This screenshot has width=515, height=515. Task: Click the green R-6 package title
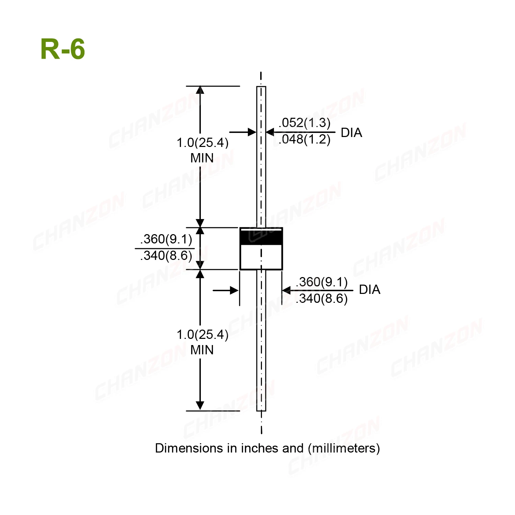(62, 49)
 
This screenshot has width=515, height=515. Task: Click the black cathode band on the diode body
(261, 237)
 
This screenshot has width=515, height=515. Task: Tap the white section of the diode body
(261, 257)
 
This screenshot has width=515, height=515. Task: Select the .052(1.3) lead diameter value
(305, 123)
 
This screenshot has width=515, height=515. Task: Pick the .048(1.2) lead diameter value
(305, 139)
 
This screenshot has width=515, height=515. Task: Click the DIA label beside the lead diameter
(351, 133)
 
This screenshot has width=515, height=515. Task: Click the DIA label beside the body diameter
(369, 290)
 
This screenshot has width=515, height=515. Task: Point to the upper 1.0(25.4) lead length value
(202, 143)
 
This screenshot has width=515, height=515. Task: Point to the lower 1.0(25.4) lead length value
(202, 335)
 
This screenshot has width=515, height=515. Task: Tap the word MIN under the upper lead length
(202, 158)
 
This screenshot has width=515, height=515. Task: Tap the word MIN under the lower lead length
(202, 350)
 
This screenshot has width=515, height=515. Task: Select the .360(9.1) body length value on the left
(166, 239)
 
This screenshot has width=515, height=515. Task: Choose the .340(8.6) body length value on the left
(166, 256)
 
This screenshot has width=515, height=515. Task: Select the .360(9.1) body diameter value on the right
(322, 282)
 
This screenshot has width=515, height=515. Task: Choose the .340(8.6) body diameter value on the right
(322, 299)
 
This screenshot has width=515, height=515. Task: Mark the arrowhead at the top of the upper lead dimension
(200, 90)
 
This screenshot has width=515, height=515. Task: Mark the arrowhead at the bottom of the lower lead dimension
(200, 406)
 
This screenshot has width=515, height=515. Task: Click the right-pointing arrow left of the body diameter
(233, 290)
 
